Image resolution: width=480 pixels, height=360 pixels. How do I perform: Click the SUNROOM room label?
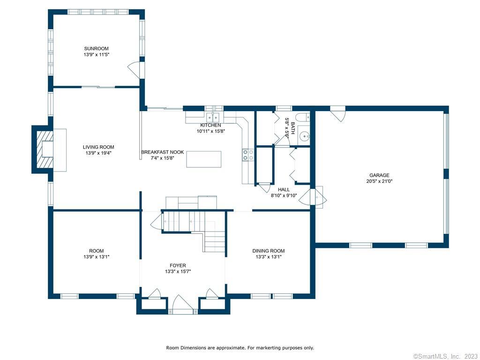coord(96,48)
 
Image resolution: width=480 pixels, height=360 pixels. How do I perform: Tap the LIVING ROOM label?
coord(98,147)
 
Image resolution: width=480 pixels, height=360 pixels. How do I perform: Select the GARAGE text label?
coord(379,175)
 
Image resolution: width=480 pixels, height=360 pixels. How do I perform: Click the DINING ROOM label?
coord(269,251)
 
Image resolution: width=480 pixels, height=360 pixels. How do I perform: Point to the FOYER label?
coord(178,265)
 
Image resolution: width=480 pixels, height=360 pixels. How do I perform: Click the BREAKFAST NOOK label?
coord(162,152)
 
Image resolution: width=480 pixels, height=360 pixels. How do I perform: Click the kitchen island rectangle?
coord(203,159)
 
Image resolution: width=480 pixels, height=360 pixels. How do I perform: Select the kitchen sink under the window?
coord(213,117)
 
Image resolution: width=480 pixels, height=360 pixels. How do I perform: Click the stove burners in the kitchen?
coord(248,155)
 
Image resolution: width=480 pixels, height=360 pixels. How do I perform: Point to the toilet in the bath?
coord(303,117)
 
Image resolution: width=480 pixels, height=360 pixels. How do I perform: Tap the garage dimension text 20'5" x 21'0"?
coord(379,181)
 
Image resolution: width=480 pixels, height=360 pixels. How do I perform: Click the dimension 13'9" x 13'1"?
coord(97,257)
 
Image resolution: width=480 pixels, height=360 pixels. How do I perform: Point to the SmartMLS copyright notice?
coord(446,356)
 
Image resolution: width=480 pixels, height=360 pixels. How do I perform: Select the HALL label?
coord(284,189)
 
